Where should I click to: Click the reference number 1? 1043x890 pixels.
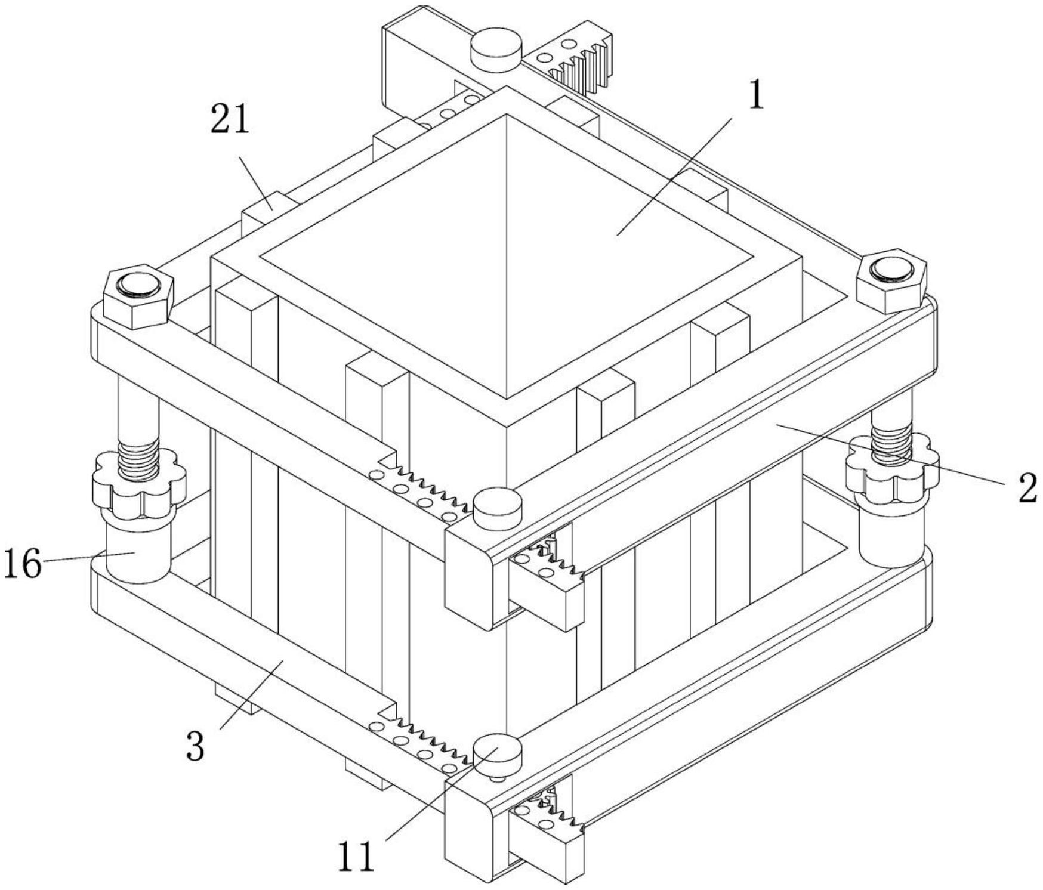pos(756,94)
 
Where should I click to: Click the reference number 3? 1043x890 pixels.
pos(196,746)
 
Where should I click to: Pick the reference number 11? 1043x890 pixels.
pos(356,857)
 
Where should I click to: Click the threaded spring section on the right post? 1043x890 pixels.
pos(892,442)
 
